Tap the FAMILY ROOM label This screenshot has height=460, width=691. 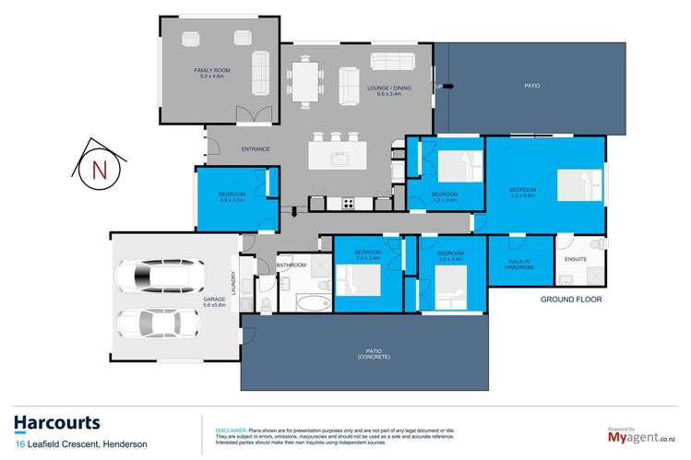point(210,71)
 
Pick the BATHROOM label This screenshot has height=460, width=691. point(292,265)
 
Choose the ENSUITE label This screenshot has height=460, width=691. point(576,259)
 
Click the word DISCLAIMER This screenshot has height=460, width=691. point(230,431)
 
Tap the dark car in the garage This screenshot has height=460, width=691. point(152,275)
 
